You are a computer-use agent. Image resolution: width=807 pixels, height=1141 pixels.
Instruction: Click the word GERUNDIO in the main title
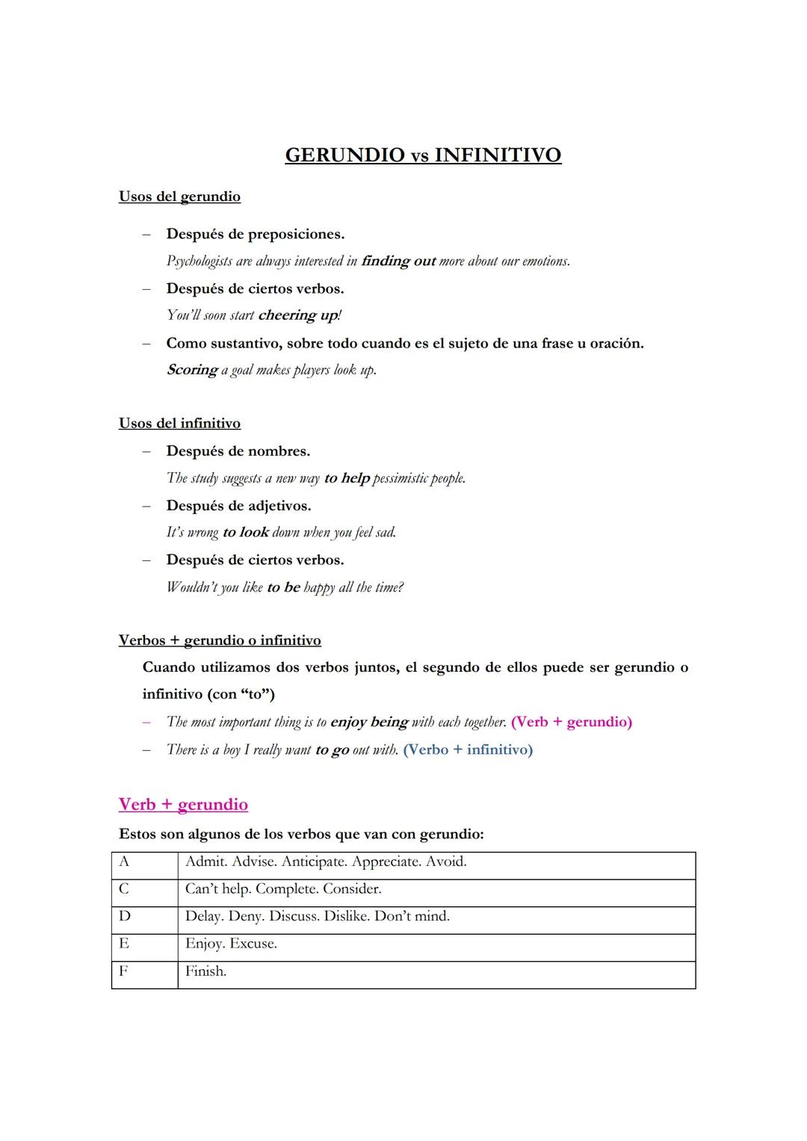344,155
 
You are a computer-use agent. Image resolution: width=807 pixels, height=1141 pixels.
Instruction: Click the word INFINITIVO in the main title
498,155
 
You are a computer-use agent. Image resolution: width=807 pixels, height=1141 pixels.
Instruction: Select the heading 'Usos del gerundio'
179,197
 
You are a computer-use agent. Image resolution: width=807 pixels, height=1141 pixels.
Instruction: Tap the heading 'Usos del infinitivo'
179,424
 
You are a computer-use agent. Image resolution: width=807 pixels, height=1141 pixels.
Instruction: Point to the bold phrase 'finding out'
398,261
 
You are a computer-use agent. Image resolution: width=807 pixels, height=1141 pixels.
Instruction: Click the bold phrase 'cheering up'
298,315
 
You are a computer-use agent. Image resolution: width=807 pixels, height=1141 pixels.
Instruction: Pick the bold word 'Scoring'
192,370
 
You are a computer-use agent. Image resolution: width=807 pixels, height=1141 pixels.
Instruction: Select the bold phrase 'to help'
347,478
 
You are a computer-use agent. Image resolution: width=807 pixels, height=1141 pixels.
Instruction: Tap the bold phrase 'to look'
246,532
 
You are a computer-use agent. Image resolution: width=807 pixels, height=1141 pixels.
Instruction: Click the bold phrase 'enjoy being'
369,722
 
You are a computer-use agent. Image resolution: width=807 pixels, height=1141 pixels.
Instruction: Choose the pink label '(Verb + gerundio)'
572,722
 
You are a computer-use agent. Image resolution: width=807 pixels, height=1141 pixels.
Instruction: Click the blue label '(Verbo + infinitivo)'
468,749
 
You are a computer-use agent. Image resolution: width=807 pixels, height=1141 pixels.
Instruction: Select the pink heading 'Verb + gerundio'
183,805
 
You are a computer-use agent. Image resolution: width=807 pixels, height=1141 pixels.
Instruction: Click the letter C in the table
124,888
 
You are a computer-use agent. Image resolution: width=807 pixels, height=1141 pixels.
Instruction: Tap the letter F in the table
123,971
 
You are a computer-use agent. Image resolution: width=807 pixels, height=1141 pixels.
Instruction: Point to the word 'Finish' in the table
205,971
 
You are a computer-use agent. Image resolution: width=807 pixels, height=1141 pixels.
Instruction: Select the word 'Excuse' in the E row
253,944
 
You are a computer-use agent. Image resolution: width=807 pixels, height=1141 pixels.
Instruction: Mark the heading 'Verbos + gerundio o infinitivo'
220,640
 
